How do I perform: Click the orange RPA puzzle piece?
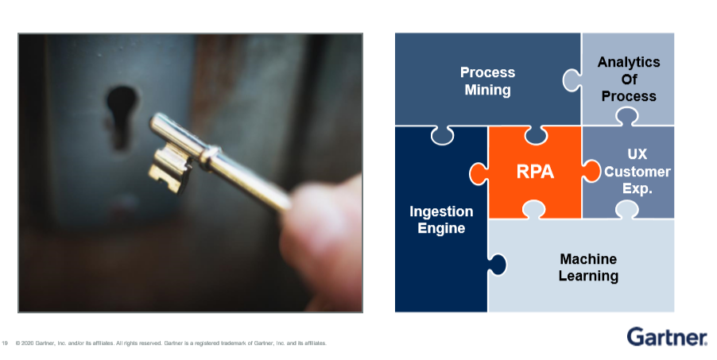coord(534,171)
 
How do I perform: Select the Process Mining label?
coord(487,81)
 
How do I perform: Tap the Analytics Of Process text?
coord(628,79)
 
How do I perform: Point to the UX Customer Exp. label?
coord(637,171)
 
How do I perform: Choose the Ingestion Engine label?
coord(441,219)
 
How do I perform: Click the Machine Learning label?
coord(587,268)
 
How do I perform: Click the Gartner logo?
coord(666,337)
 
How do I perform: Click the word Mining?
coord(487,90)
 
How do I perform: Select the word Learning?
coord(587,277)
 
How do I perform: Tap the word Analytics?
coord(628,62)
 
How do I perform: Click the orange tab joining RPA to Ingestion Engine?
coord(477,171)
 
